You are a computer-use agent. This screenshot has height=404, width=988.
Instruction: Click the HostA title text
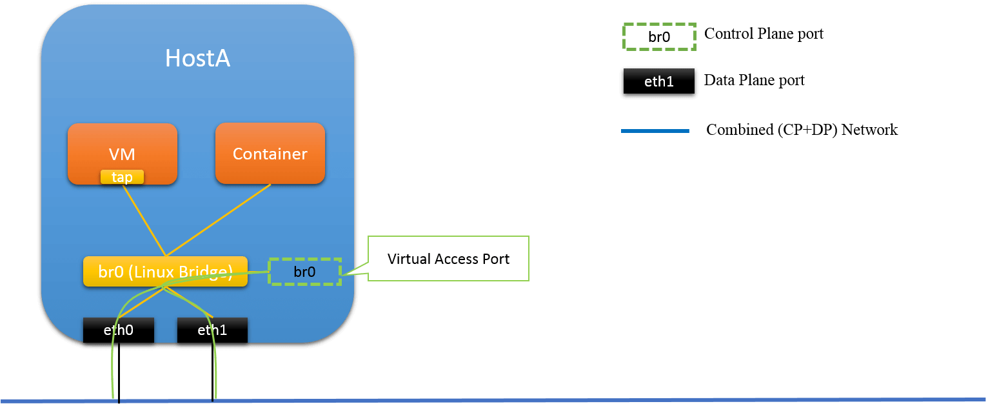coord(197,59)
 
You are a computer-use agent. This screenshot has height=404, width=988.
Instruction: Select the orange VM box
coord(123,148)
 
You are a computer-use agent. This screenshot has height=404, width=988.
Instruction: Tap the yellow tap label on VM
coord(122,177)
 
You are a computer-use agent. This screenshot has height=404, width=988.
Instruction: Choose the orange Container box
coord(270,154)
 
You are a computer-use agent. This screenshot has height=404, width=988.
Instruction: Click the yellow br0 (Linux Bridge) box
coord(165,272)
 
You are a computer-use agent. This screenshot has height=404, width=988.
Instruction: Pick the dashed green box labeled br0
coord(304,272)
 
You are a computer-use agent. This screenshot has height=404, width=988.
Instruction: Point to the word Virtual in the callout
coord(409,259)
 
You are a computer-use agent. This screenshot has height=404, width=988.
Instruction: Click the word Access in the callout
coord(459,259)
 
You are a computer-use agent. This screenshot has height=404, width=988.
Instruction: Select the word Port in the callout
coord(497,259)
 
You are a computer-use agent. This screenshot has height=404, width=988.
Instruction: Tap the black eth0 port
coord(118,330)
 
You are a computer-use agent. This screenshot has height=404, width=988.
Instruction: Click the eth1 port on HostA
coord(212,330)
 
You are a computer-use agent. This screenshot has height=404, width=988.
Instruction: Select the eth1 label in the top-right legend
coord(658,82)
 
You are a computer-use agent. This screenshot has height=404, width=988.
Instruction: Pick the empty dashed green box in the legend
coord(659,37)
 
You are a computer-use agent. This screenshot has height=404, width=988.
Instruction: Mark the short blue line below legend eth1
coord(655,131)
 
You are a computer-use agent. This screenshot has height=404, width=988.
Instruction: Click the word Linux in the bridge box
coord(153,272)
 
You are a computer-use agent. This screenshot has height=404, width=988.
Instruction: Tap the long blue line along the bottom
coord(516,400)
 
